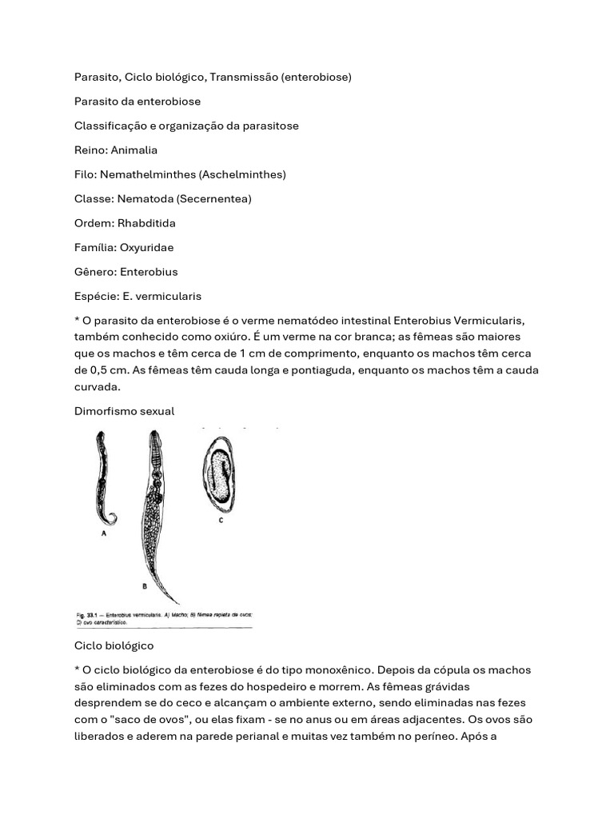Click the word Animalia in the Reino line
tap(134, 150)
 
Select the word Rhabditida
tap(147, 223)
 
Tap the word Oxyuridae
tap(146, 247)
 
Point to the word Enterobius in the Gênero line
tap(149, 272)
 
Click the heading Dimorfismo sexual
tap(124, 410)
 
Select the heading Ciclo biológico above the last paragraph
tap(114, 645)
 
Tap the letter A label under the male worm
tap(103, 537)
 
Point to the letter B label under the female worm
tap(144, 586)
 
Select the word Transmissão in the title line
tap(246, 78)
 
